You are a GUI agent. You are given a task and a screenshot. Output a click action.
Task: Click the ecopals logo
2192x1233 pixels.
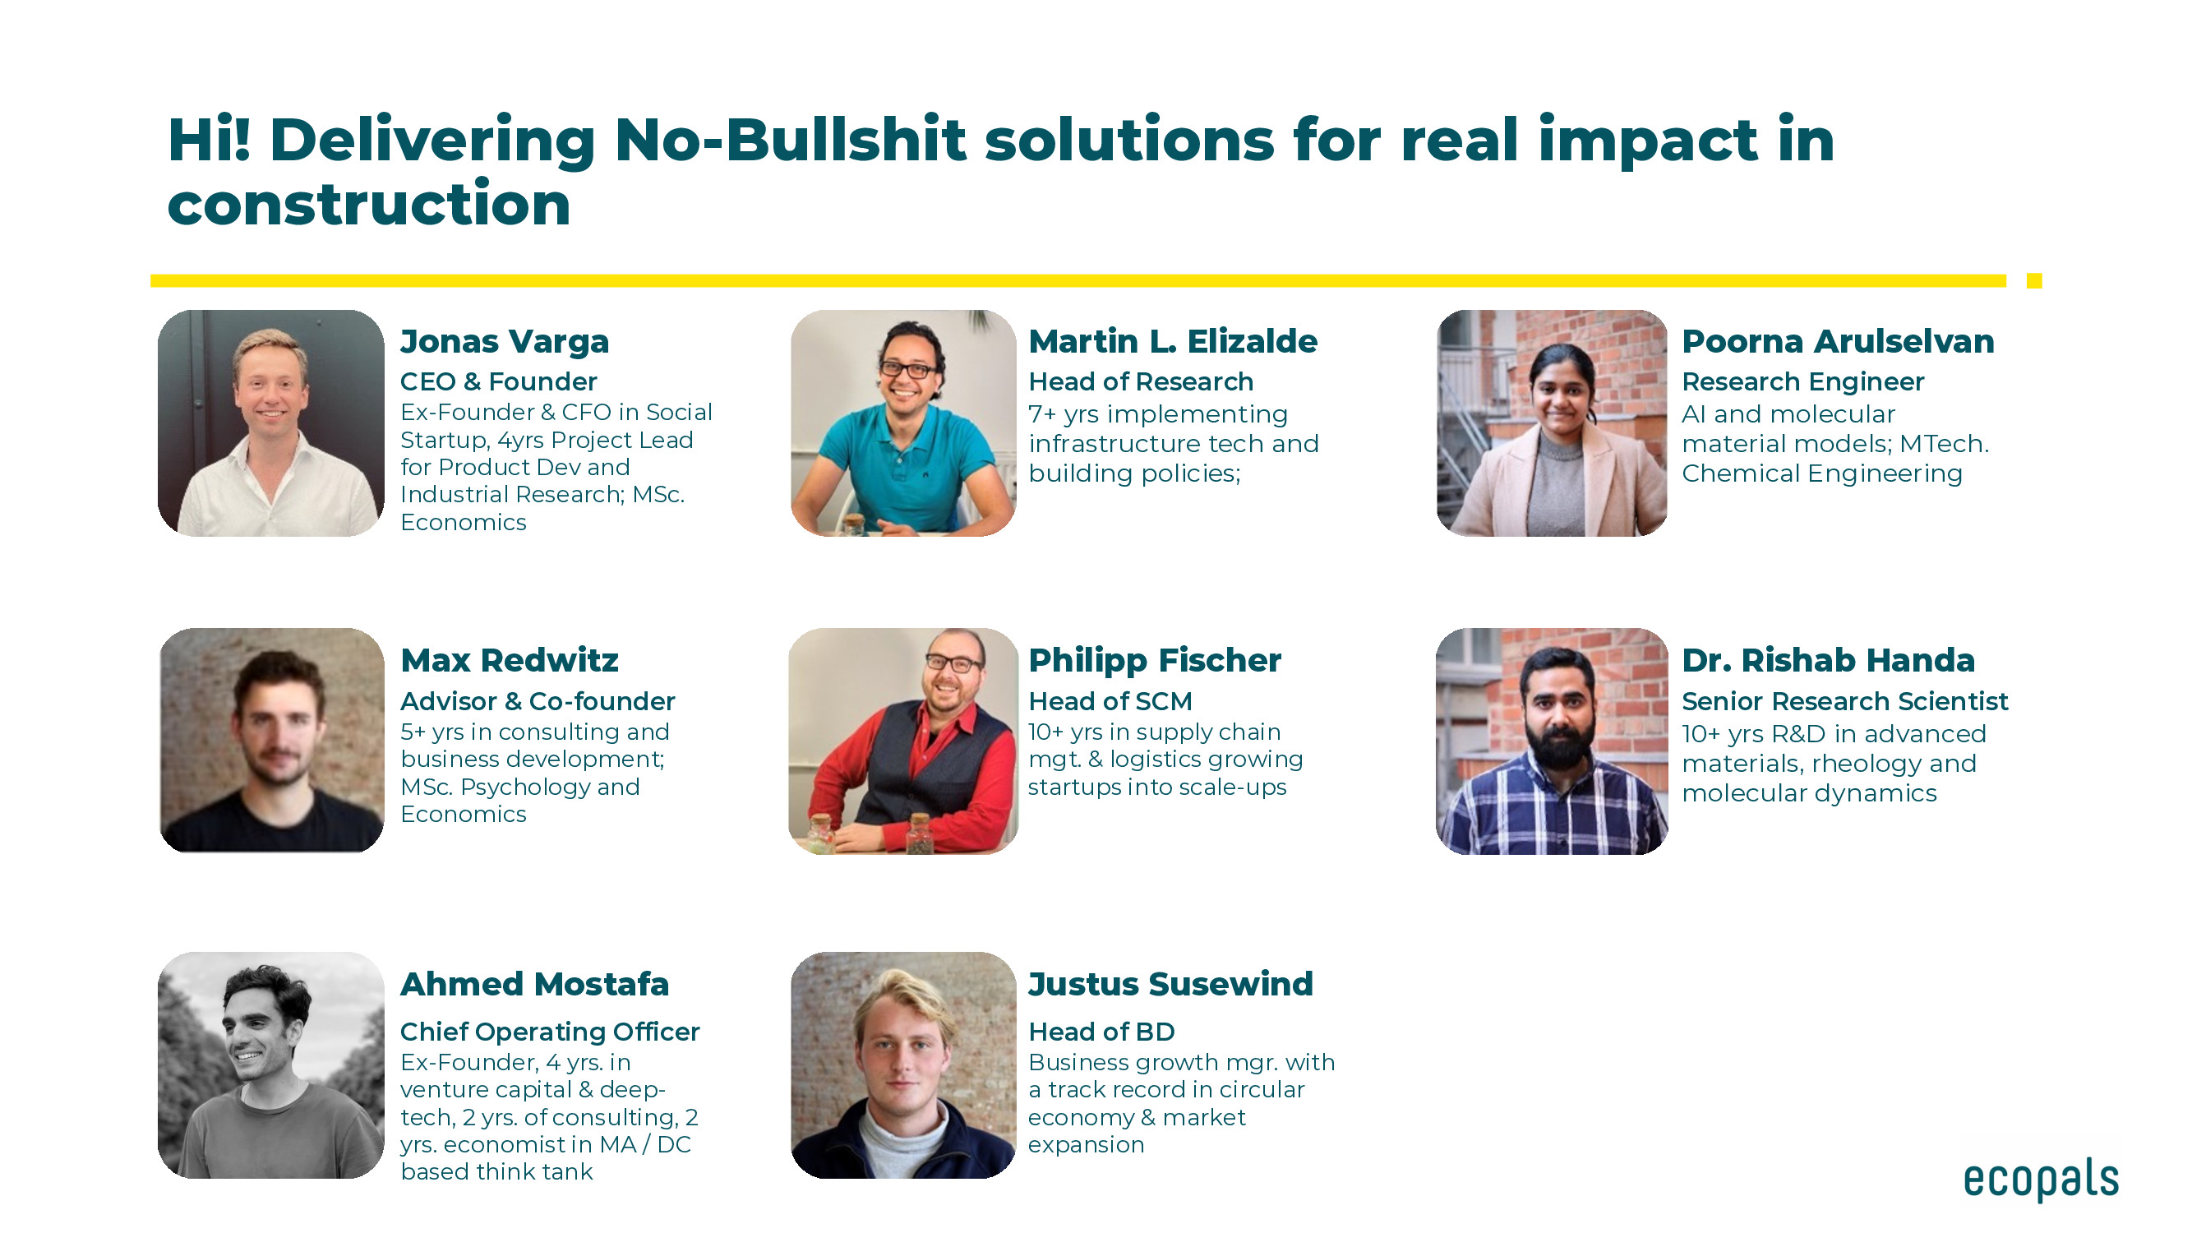pos(2041,1180)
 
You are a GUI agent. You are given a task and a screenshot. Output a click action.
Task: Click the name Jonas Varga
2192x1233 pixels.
pos(505,341)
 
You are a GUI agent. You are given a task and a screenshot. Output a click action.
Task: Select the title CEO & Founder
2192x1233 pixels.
pos(499,381)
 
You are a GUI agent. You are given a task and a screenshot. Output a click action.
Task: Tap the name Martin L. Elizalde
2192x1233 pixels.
pos(1173,341)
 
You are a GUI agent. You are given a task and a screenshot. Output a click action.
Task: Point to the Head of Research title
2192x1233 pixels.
pos(1140,381)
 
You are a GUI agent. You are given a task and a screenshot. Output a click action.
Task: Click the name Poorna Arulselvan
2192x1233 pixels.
pos(1838,341)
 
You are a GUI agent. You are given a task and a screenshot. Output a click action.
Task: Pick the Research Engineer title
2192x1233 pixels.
pos(1802,382)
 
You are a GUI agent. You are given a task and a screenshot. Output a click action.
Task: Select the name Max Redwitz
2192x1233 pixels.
pos(509,660)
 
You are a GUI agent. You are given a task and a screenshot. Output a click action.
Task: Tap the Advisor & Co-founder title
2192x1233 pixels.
pos(537,701)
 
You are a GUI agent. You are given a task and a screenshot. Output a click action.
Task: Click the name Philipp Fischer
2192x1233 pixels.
pos(1154,660)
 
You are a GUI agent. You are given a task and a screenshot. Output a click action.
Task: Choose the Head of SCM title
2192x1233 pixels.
pos(1110,701)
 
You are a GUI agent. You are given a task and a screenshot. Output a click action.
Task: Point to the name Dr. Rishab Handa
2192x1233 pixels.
pos(1828,660)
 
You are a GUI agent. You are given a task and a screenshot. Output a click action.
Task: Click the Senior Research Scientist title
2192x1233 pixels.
pos(1845,701)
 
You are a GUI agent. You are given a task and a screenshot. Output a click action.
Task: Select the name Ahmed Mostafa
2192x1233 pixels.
pos(534,984)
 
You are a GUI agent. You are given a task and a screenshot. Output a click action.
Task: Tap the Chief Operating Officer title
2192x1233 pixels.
pos(550,1032)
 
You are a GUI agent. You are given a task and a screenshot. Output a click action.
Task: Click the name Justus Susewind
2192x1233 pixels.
pos(1170,984)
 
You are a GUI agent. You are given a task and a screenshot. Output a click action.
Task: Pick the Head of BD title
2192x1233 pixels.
pos(1101,1032)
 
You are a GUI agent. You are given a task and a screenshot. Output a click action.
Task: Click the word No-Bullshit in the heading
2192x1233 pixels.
pos(790,140)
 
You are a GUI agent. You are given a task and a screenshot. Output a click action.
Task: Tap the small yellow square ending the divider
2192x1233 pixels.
pos(2034,281)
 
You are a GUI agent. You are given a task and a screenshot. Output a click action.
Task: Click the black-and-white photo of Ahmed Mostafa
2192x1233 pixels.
pos(270,1064)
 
